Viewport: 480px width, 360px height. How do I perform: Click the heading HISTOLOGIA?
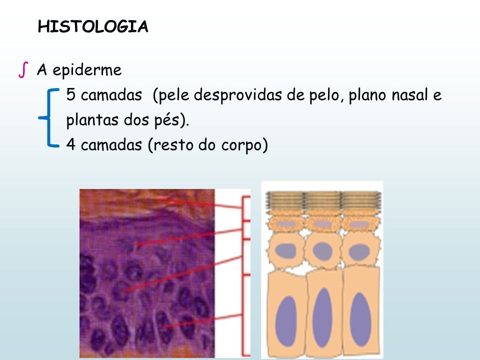pos(93,26)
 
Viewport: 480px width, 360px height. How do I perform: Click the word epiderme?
pos(87,70)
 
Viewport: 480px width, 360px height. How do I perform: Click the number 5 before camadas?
pos(70,94)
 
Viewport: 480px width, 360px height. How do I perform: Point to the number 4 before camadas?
pos(70,144)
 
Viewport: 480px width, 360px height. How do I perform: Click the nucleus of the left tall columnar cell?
pos(286,321)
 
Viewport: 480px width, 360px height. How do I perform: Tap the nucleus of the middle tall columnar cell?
pos(322,318)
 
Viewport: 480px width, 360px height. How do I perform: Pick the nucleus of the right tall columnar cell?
pos(360,319)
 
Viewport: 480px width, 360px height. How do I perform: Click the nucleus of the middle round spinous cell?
pos(322,251)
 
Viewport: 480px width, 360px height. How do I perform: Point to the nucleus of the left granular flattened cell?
pos(286,224)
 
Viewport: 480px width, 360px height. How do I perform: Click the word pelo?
pos(324,95)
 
